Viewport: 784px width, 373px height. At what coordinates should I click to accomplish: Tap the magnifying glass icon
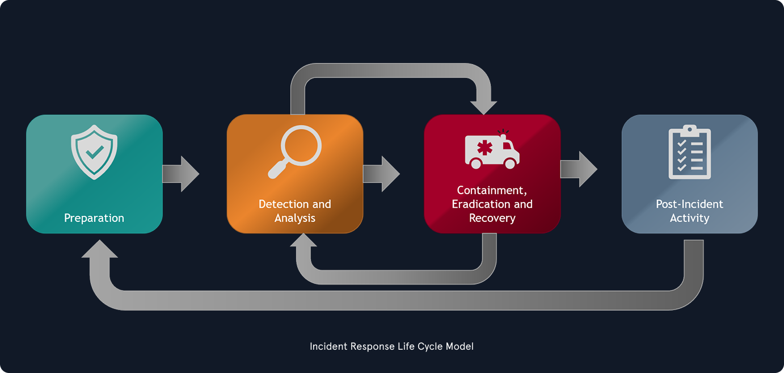pos(295,150)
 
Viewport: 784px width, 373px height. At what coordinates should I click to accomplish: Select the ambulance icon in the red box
pos(492,150)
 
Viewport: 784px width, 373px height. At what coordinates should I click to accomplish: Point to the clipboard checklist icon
pos(689,152)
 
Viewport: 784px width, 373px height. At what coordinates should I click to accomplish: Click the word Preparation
pos(94,218)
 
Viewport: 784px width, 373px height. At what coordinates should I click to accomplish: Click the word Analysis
pos(295,218)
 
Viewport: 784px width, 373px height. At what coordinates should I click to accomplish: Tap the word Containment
pos(491,190)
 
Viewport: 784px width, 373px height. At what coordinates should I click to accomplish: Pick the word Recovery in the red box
pos(492,218)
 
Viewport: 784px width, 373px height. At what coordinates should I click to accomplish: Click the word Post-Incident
pos(689,204)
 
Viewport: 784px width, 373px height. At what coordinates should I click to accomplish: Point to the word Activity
pos(689,218)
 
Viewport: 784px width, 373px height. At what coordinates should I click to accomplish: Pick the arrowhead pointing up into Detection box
pos(304,242)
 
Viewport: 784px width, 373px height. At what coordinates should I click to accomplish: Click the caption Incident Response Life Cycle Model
pos(391,346)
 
